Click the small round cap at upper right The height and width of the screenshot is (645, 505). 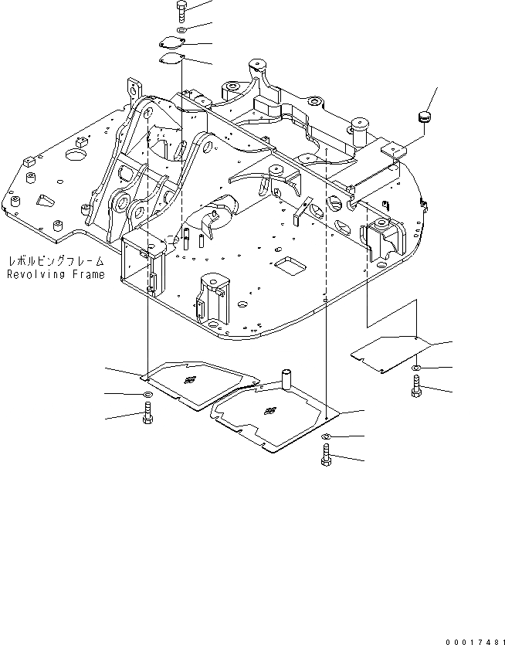tap(423, 117)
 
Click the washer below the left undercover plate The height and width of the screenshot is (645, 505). tap(147, 396)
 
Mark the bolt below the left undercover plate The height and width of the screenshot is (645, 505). tap(147, 417)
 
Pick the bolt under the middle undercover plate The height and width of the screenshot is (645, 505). tap(324, 457)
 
